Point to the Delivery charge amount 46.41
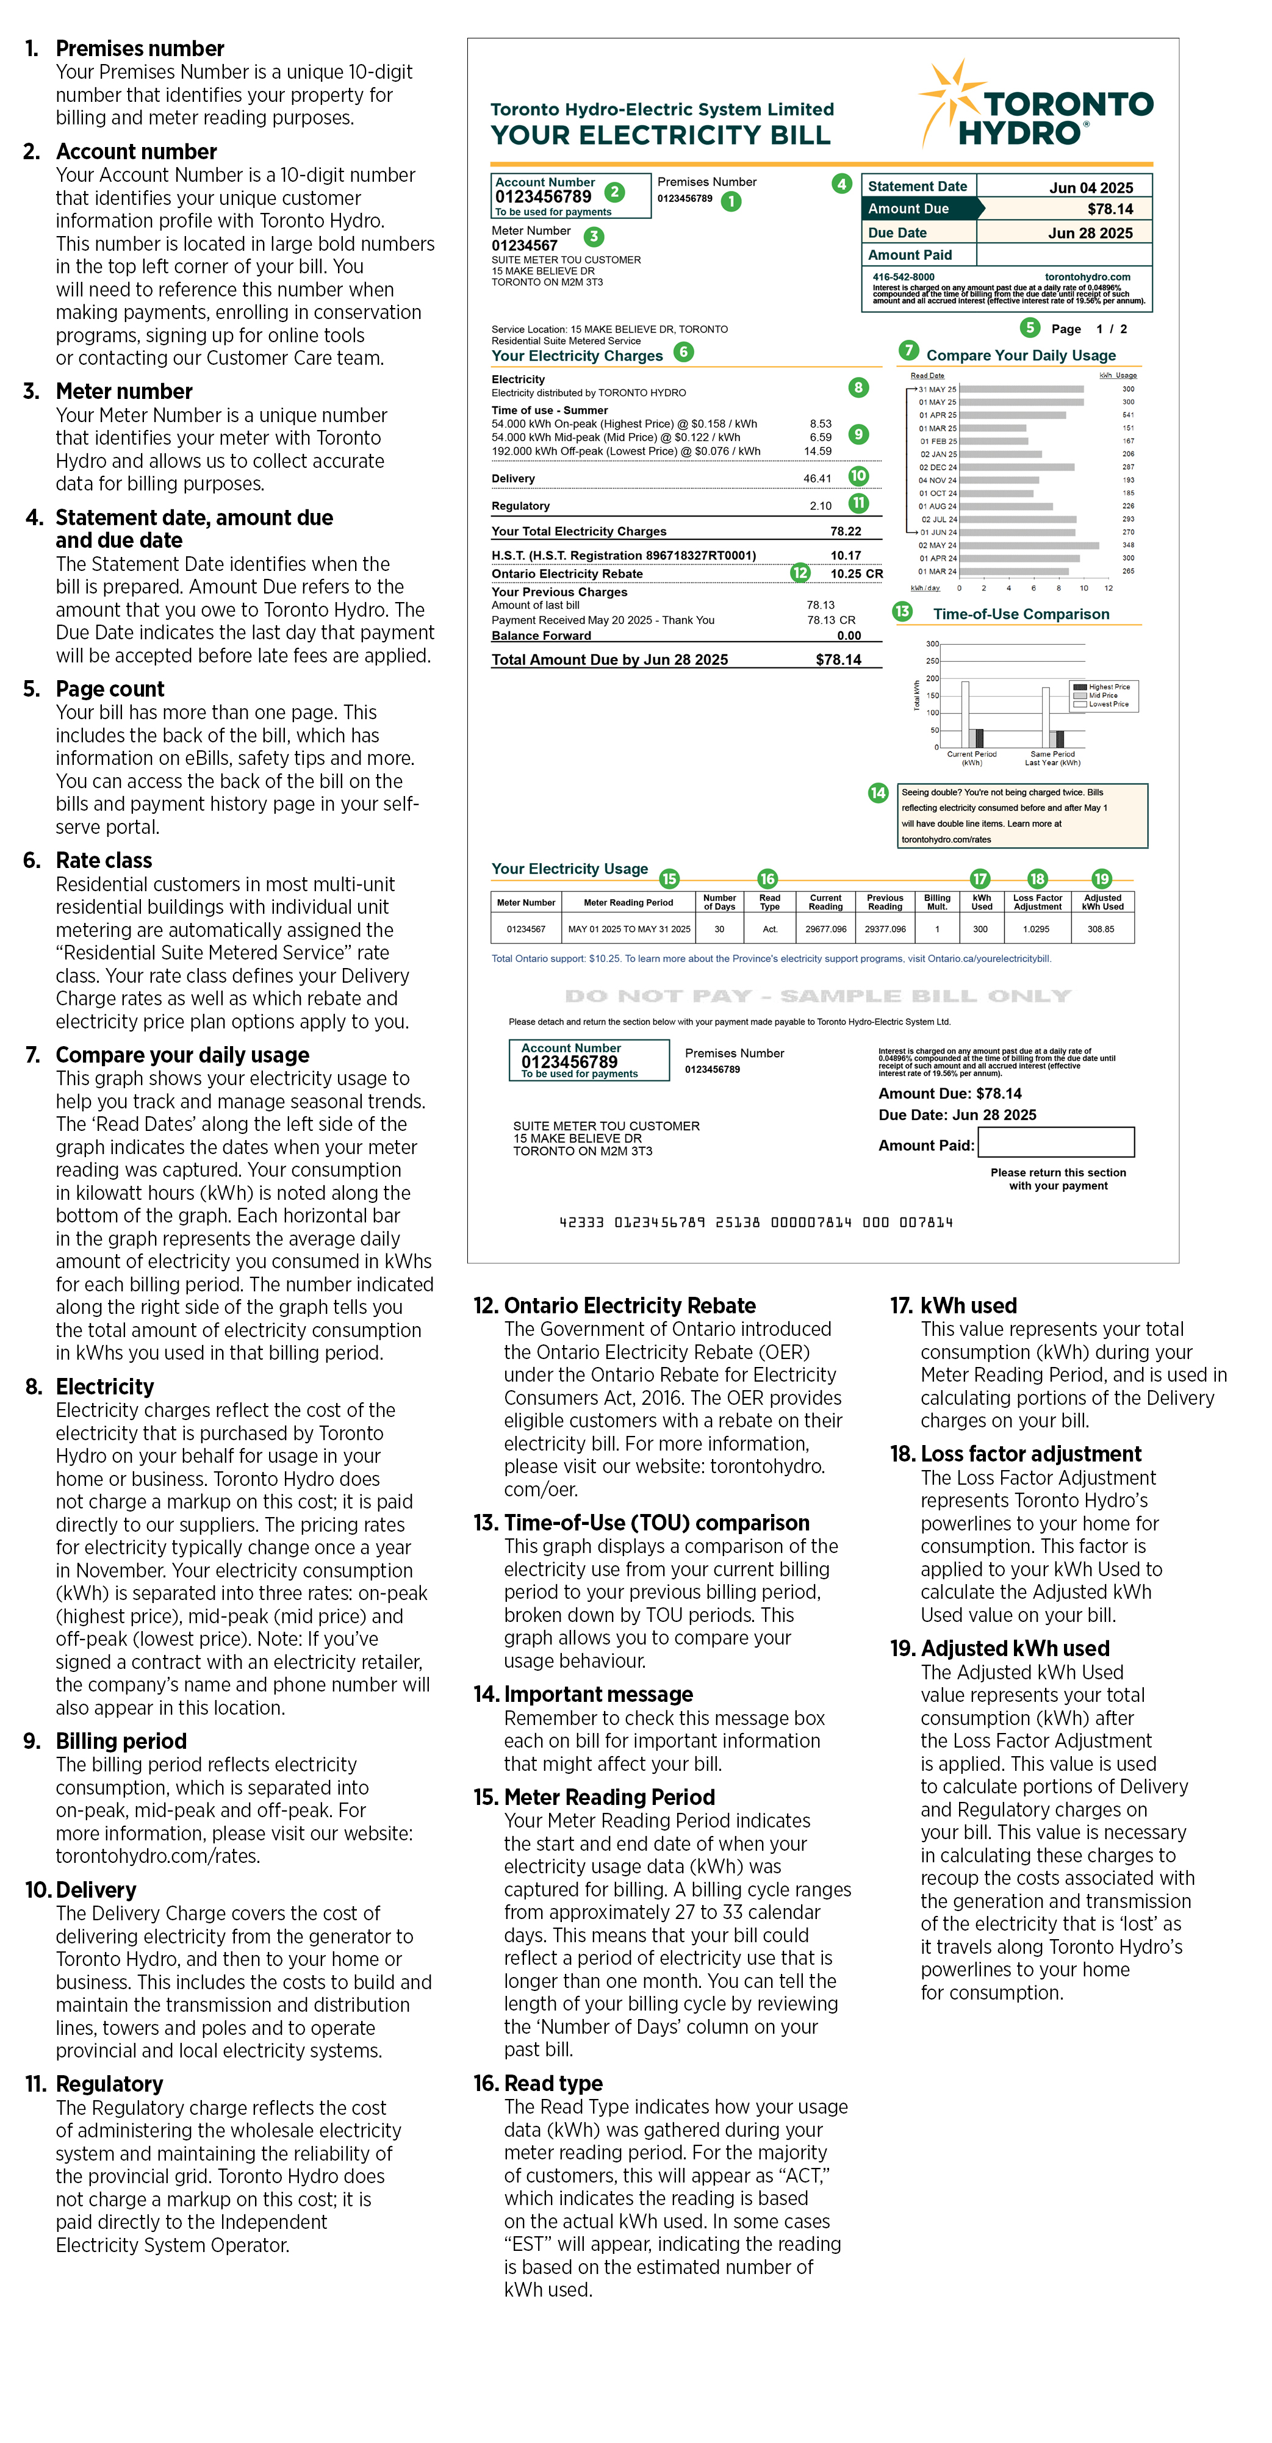click(x=817, y=479)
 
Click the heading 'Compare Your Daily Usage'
click(x=1021, y=356)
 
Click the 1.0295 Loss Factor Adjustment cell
click(x=1036, y=930)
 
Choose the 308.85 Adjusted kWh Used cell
click(x=1101, y=930)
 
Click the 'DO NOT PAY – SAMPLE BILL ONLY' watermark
click(x=817, y=995)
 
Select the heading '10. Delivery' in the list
click(x=81, y=1890)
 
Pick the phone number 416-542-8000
click(x=903, y=277)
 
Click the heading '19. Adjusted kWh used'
click(x=1000, y=1648)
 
